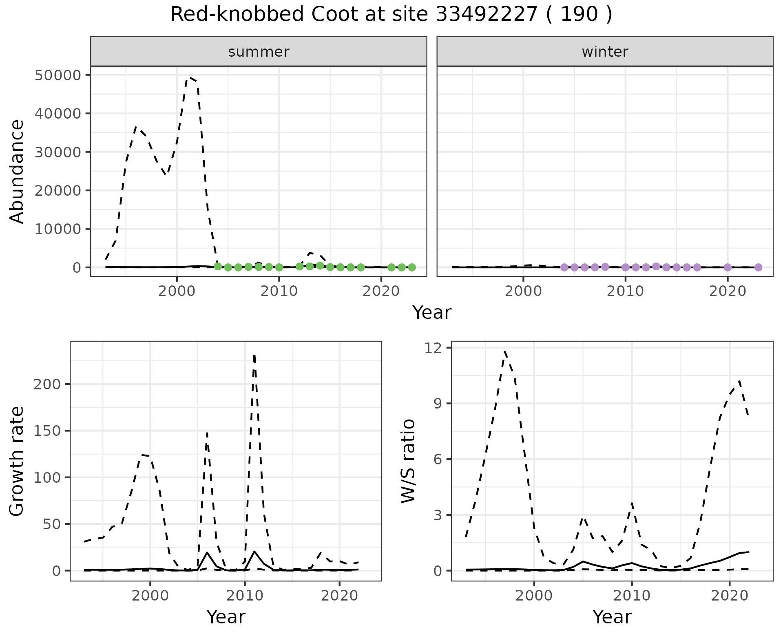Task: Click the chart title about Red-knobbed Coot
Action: pyautogui.click(x=391, y=15)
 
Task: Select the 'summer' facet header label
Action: pyautogui.click(x=259, y=52)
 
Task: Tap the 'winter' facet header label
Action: pyautogui.click(x=605, y=52)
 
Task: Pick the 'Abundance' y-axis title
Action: pyautogui.click(x=17, y=171)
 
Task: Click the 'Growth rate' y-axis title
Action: pyautogui.click(x=17, y=461)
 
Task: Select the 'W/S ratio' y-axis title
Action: pyautogui.click(x=408, y=461)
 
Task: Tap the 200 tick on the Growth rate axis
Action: pyautogui.click(x=48, y=384)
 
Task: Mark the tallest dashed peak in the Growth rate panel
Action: pyautogui.click(x=254, y=356)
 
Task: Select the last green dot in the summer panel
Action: pyautogui.click(x=412, y=267)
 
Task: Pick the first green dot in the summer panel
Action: pyautogui.click(x=218, y=266)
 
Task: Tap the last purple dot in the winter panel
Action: pyautogui.click(x=758, y=267)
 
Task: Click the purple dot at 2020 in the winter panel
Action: pyautogui.click(x=728, y=267)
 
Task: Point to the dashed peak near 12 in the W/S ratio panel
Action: pyautogui.click(x=505, y=351)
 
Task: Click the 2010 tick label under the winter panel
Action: pyautogui.click(x=625, y=291)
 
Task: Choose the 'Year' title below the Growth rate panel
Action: pyautogui.click(x=226, y=617)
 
